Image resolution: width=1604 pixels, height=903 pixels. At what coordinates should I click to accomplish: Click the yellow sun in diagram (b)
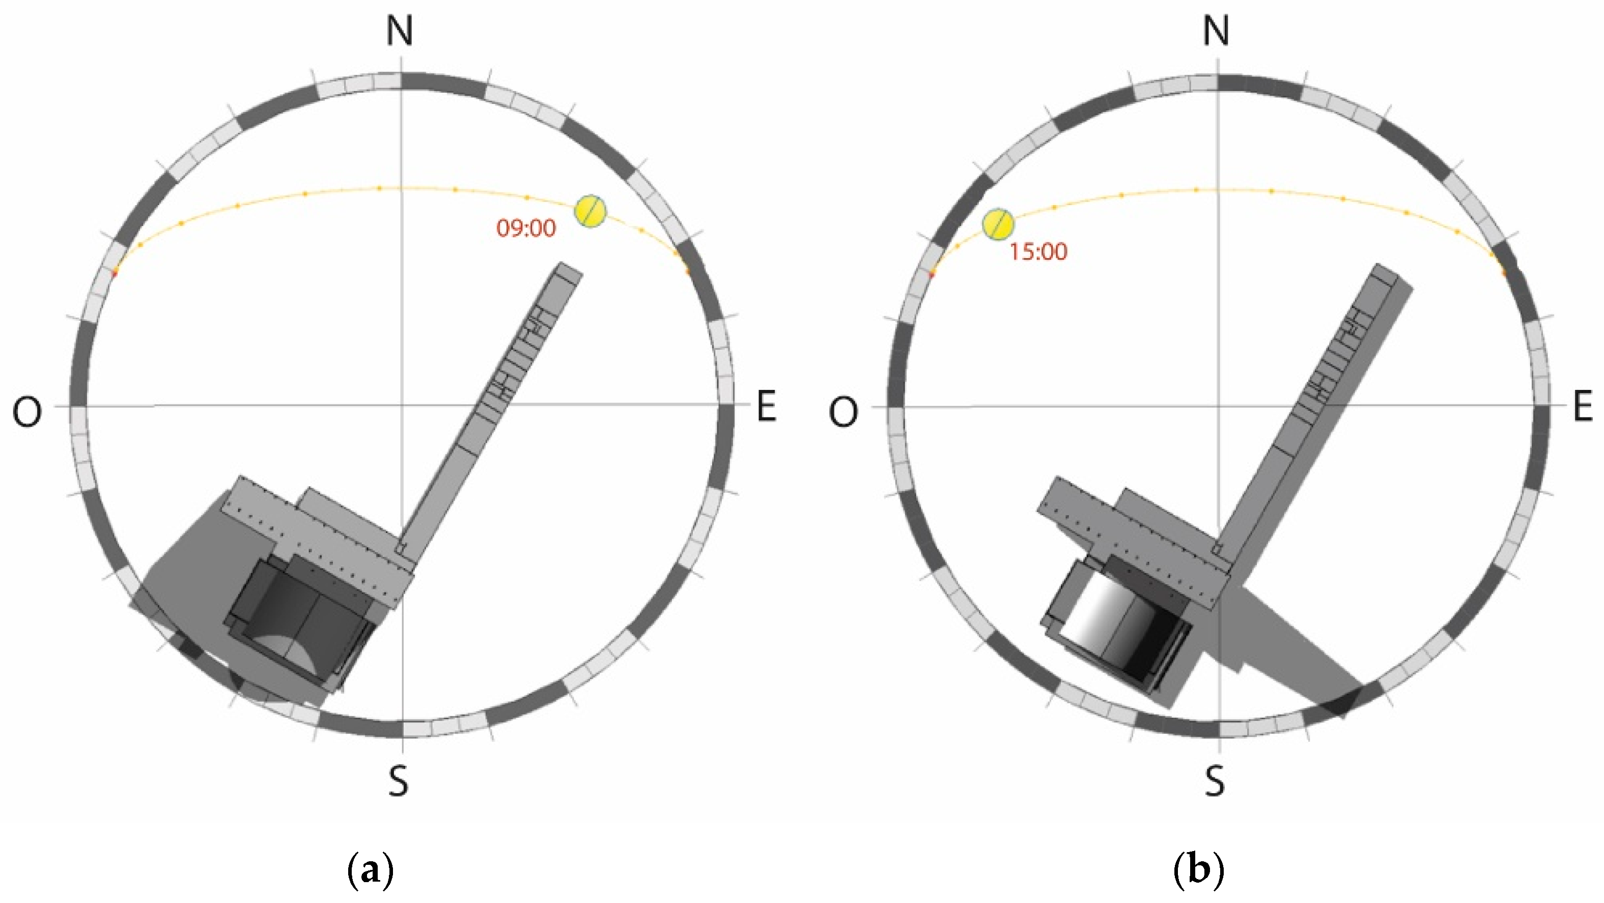(998, 224)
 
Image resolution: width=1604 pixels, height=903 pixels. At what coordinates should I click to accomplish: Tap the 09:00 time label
(526, 229)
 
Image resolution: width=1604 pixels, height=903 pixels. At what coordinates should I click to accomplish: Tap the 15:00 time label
(1038, 251)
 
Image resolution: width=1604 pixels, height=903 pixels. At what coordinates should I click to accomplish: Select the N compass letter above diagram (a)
(400, 31)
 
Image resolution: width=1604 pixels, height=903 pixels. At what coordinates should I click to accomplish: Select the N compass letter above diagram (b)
(1216, 31)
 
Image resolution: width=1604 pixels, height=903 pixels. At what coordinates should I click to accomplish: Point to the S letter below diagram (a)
(399, 781)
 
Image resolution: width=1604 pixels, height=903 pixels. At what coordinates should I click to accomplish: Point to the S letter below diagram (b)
(1215, 781)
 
